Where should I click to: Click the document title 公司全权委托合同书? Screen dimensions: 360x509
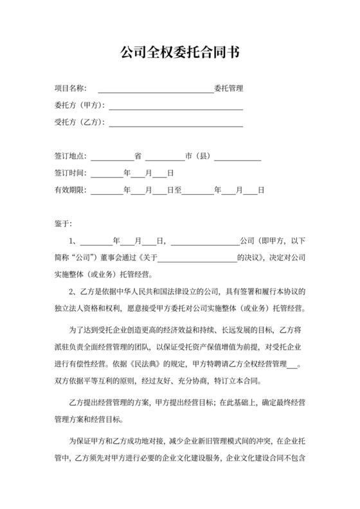tap(180, 52)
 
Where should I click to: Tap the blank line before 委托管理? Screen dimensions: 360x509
tap(155, 90)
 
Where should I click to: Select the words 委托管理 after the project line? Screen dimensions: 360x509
tap(228, 89)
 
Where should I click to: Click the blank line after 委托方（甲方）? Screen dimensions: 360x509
tap(175, 107)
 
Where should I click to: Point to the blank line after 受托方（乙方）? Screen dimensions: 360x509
tap(175, 125)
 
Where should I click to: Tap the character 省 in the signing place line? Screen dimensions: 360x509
tap(138, 156)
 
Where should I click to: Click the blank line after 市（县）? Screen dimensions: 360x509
tap(237, 157)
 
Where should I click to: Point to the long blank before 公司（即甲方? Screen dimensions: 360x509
tap(204, 243)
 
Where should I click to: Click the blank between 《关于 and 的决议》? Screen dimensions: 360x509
tap(197, 260)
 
